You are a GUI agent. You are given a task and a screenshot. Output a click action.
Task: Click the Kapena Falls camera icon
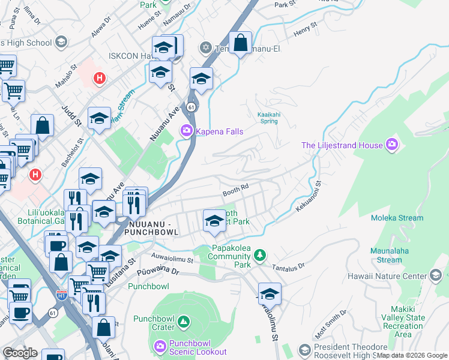pos(186,130)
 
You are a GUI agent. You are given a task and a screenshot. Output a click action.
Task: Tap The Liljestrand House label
pos(342,145)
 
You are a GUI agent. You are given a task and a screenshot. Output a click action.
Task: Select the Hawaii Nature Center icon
pos(436,276)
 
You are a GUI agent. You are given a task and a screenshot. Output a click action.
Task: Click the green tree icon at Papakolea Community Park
pos(259,255)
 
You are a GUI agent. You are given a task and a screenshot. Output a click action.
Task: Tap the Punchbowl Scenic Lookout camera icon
pos(160,346)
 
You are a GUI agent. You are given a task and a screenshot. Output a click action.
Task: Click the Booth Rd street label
pos(235,191)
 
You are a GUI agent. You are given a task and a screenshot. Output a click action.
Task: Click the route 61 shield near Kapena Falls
pos(191,106)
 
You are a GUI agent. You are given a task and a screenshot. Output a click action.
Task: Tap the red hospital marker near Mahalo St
pos(100,77)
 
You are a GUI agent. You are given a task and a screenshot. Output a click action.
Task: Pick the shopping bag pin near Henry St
pos(240,43)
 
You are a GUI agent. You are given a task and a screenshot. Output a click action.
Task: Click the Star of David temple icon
pos(205,47)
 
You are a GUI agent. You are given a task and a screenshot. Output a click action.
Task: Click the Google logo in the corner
pos(20,353)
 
